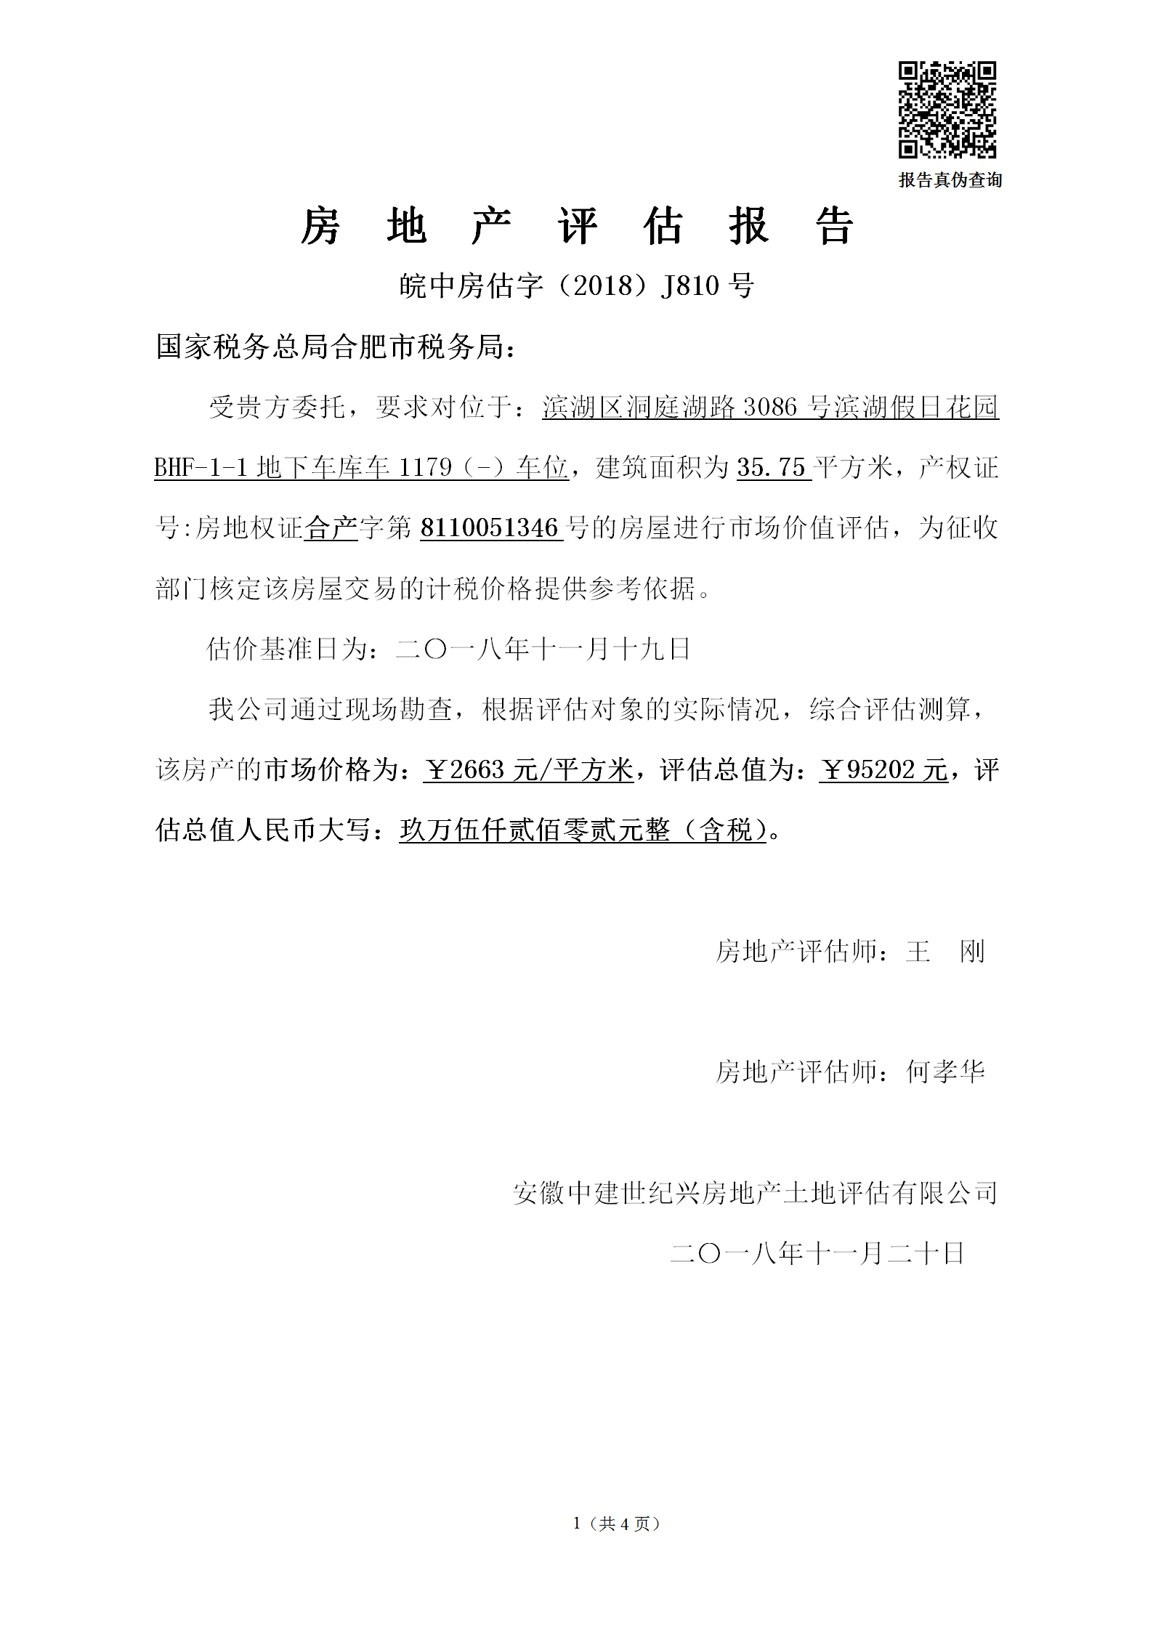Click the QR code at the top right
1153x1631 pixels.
pos(947,110)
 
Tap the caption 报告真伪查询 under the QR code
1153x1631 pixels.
pos(950,180)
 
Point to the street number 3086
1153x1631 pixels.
pos(770,407)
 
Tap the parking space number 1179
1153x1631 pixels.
pos(425,467)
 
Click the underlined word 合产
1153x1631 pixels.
pos(331,527)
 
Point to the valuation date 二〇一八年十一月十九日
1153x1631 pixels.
pos(542,648)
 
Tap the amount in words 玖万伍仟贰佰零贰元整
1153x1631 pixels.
pos(534,830)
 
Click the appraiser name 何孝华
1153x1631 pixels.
pos(945,1072)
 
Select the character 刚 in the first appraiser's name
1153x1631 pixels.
pos(972,951)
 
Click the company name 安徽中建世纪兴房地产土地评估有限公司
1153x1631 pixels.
pos(755,1193)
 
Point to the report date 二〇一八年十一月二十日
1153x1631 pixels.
pos(817,1253)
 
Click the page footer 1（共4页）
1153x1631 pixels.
pos(616,1523)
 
